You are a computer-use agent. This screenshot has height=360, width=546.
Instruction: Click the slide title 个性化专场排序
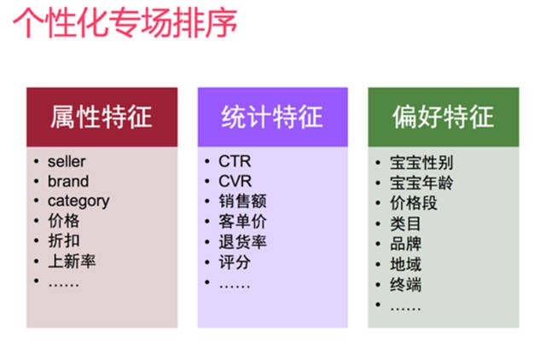click(x=125, y=23)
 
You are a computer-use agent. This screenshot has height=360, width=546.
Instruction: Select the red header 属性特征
click(x=102, y=117)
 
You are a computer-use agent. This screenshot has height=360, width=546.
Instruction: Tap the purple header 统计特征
click(x=272, y=117)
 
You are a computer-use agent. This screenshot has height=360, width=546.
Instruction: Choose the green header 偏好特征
click(x=444, y=117)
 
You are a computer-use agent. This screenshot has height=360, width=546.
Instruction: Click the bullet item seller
click(x=67, y=161)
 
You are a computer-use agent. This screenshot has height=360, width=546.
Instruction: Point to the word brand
click(x=67, y=181)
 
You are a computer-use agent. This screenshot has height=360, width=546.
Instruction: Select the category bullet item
click(x=78, y=201)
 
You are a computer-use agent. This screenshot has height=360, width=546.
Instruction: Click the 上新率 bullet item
click(x=71, y=261)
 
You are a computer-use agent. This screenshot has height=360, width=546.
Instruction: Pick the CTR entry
click(x=235, y=161)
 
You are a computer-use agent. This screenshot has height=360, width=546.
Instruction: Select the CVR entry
click(x=235, y=181)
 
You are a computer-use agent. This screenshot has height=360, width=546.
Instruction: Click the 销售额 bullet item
click(x=243, y=201)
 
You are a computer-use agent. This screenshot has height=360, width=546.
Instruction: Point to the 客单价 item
click(x=243, y=222)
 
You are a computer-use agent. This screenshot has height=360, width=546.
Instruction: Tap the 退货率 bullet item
click(x=243, y=241)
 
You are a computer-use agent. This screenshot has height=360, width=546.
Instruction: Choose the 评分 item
click(x=235, y=262)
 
